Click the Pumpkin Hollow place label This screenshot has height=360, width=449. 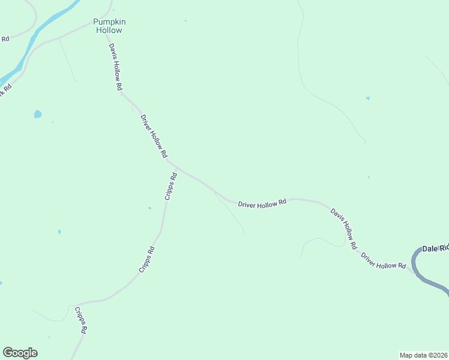click(109, 26)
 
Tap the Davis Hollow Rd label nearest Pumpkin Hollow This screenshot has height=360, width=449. click(115, 67)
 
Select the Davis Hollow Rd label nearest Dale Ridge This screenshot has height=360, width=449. click(344, 229)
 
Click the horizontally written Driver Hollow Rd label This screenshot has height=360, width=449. click(262, 204)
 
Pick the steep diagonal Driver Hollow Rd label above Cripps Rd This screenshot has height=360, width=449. click(154, 136)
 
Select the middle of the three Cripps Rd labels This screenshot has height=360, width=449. click(147, 260)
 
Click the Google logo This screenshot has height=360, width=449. click(20, 353)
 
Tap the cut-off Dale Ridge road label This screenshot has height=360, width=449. click(435, 248)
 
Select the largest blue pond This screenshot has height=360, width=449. click(38, 114)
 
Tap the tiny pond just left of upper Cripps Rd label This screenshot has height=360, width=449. click(149, 208)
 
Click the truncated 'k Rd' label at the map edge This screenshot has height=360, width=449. click(5, 91)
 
